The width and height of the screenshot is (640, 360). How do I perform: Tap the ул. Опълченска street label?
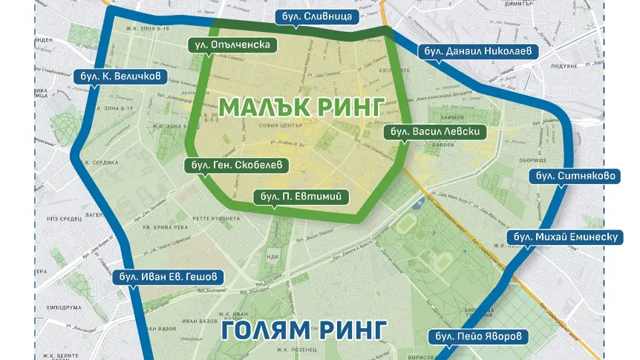tap(232, 45)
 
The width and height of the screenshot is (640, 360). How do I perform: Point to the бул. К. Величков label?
tap(120, 75)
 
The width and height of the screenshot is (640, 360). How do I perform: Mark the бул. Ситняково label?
tap(567, 177)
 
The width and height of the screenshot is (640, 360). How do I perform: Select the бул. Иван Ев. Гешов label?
tap(169, 277)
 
